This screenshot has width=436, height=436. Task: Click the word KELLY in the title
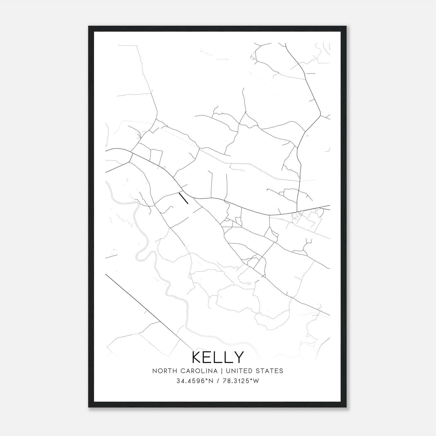click(x=218, y=357)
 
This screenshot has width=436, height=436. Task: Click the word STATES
click(x=270, y=371)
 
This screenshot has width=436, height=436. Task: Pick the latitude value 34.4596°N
click(x=191, y=381)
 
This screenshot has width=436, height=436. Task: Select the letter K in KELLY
click(x=197, y=357)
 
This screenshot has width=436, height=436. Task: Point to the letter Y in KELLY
click(x=239, y=357)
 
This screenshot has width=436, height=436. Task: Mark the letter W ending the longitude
click(x=256, y=381)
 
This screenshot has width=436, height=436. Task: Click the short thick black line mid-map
click(x=183, y=198)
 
